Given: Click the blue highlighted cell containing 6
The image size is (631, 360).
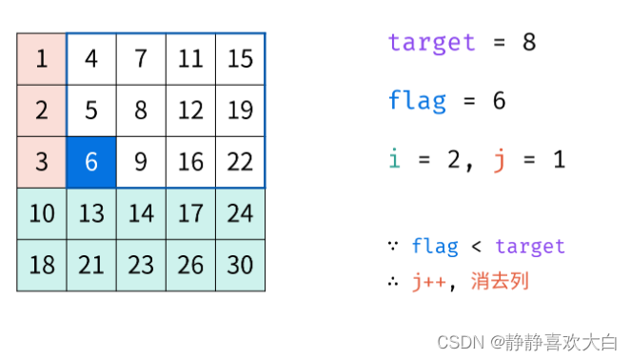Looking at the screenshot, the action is pos(91,162).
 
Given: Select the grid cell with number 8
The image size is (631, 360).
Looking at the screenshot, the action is pos(141,110).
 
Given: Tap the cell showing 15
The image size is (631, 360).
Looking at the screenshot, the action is pos(240,59).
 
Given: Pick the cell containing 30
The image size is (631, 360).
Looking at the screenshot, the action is pos(240,265).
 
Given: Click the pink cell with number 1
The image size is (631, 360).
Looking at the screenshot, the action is pos(42,59).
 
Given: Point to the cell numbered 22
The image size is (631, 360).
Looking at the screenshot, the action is pos(240,162).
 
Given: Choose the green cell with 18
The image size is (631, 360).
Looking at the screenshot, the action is pos(42,265).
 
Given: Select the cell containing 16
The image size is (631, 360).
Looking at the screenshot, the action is pos(190,162).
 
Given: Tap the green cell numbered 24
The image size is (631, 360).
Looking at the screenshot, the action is pos(240,213).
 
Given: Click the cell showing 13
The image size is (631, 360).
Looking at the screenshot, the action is pos(91,213).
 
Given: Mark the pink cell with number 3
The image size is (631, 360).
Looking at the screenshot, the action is pos(42,162).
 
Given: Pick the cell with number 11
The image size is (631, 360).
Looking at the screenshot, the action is pos(190,59).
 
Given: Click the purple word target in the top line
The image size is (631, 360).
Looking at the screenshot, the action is pos(431,43).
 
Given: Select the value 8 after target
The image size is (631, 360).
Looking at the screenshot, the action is pos(529,43).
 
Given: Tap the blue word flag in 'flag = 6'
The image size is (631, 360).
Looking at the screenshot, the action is pos(417,101).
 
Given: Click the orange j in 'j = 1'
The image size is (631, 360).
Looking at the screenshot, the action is pos(498,160).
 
